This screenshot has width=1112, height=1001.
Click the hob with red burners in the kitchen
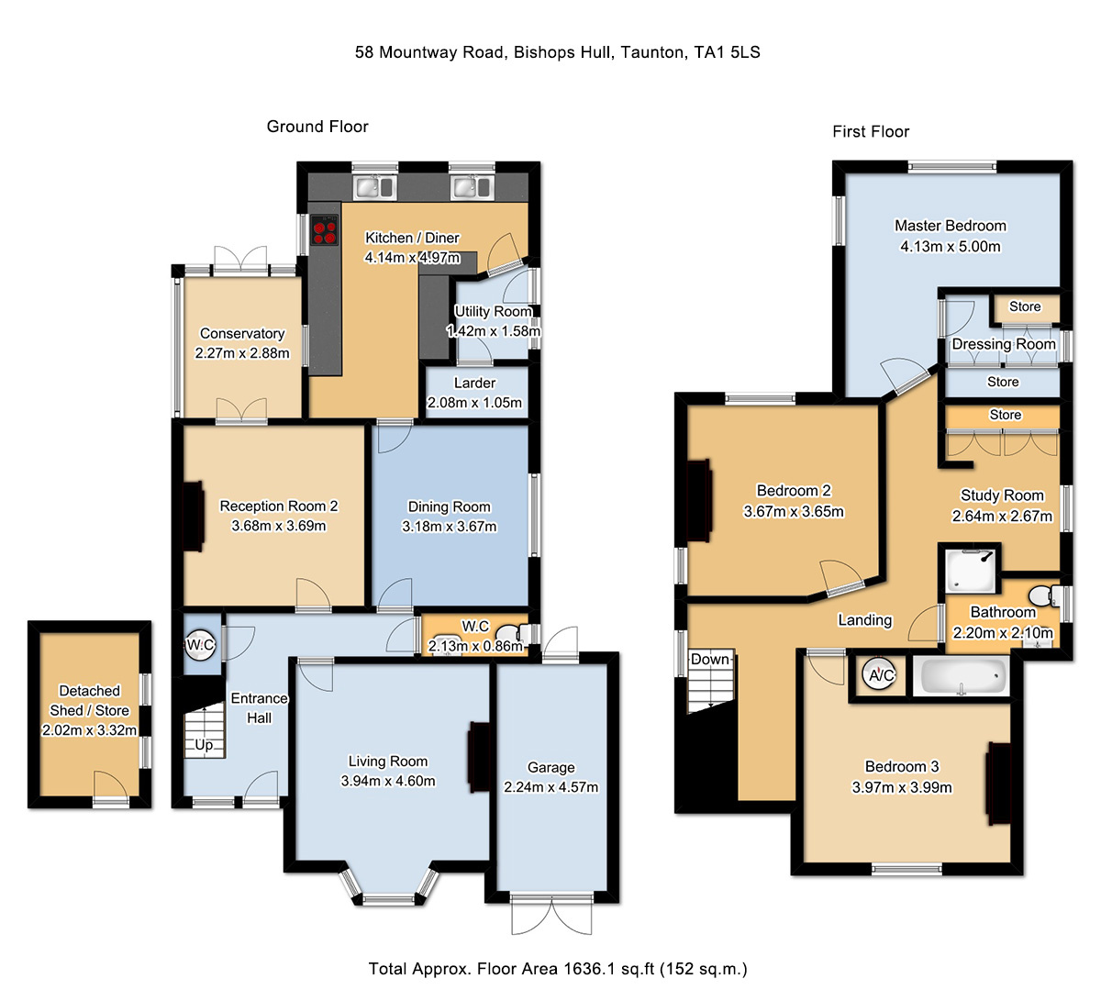pos(325,230)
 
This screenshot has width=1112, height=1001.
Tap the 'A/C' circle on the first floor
pos(880,675)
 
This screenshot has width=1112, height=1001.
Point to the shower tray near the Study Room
pos(971,571)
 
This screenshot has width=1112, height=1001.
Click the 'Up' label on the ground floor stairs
pos(204,744)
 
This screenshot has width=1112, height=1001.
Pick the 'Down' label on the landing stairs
pos(709,660)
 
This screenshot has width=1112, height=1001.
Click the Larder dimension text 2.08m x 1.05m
pos(474,403)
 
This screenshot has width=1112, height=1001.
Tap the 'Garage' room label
pos(550,768)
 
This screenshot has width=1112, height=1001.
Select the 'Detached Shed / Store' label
pos(89,700)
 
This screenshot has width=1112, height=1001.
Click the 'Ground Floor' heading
pos(317,127)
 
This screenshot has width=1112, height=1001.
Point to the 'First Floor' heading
pos(871,131)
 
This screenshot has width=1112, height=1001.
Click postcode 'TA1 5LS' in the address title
pos(727,52)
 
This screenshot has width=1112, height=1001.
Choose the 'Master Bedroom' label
pos(951,226)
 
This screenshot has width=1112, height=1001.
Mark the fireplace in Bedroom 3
pos(998,784)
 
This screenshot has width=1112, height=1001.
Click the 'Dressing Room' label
pos(1004,344)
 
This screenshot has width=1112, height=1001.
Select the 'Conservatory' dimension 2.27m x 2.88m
pos(242,353)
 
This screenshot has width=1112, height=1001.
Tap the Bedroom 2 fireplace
pos(699,500)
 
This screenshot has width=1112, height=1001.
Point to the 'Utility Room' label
pos(494,312)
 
